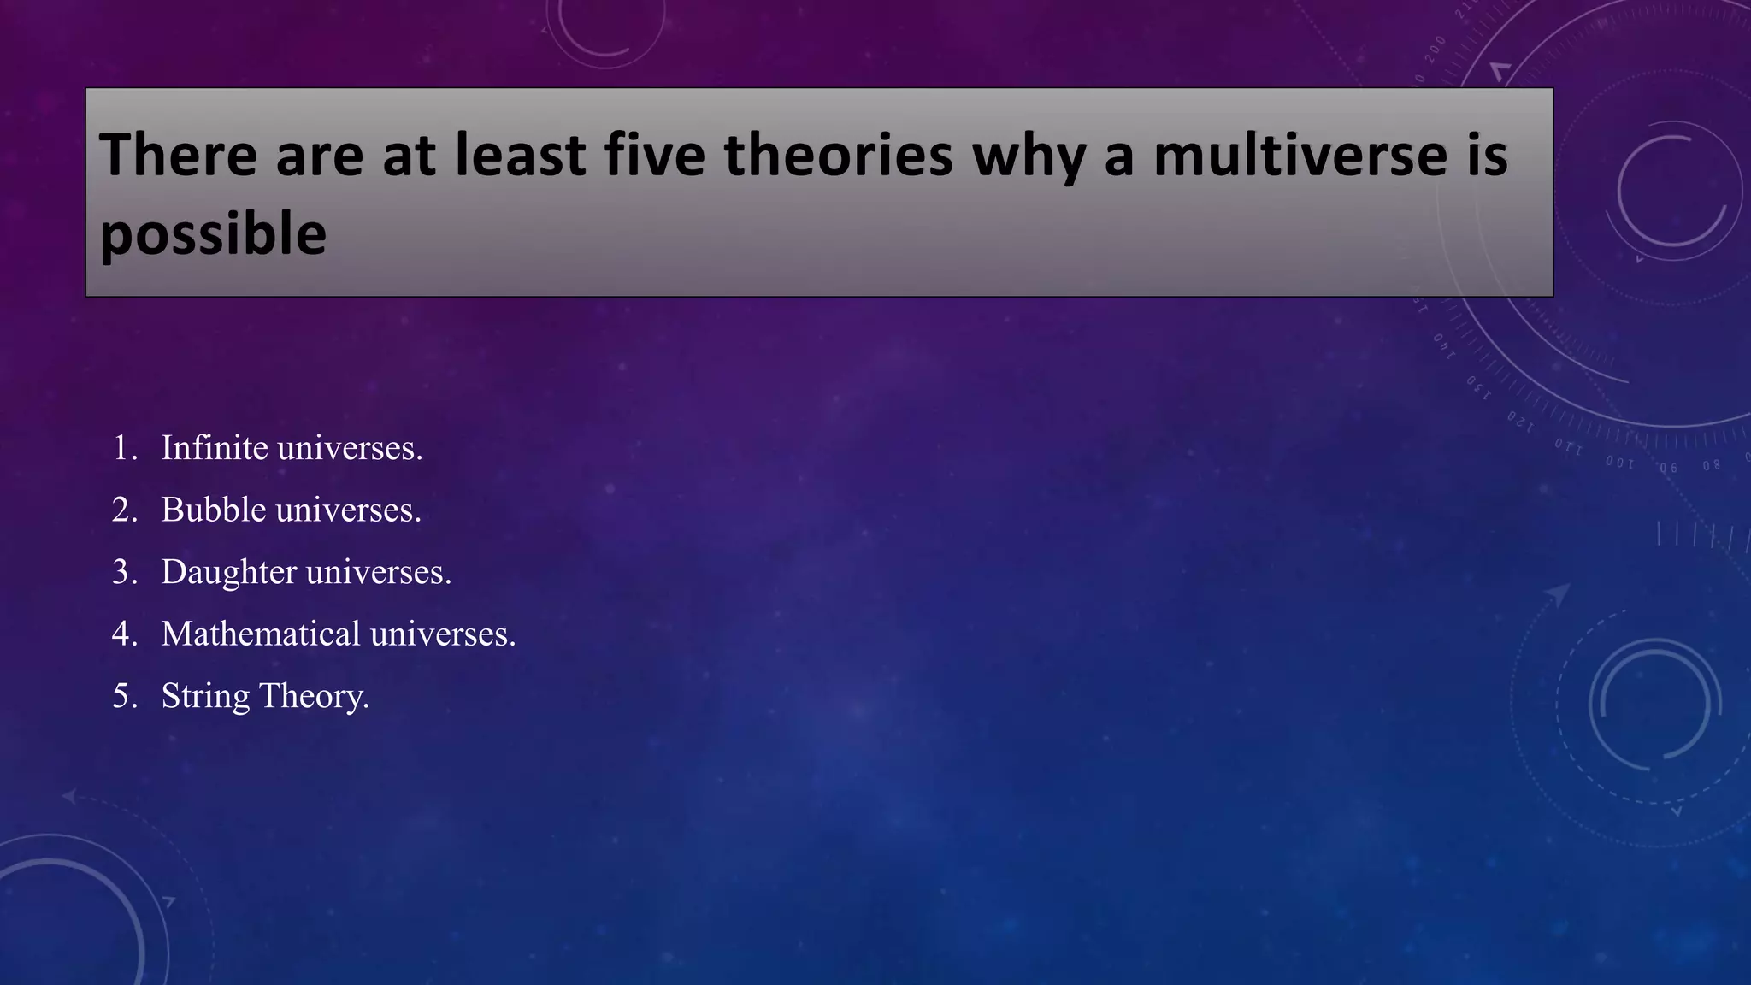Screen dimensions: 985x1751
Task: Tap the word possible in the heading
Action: click(213, 235)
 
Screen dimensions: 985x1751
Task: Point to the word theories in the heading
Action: click(838, 156)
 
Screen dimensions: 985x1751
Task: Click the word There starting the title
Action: click(178, 156)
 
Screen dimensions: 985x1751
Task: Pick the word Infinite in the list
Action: click(215, 447)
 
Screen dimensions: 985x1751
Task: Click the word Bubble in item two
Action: click(214, 510)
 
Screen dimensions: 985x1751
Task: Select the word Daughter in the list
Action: click(228, 572)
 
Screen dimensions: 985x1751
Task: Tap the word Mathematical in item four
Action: click(261, 634)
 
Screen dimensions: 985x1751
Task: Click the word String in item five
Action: click(205, 696)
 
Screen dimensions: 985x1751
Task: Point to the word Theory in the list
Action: click(313, 696)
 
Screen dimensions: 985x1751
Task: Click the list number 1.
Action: click(124, 448)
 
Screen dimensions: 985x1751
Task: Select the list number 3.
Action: click(124, 572)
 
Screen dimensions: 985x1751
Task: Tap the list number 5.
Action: click(124, 696)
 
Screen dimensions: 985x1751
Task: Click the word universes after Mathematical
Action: click(442, 634)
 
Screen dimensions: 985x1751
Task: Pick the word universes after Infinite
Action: click(350, 448)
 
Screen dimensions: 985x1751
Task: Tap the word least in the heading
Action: click(520, 156)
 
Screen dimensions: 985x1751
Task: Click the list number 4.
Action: click(124, 634)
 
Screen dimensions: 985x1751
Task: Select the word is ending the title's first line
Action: click(1488, 156)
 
